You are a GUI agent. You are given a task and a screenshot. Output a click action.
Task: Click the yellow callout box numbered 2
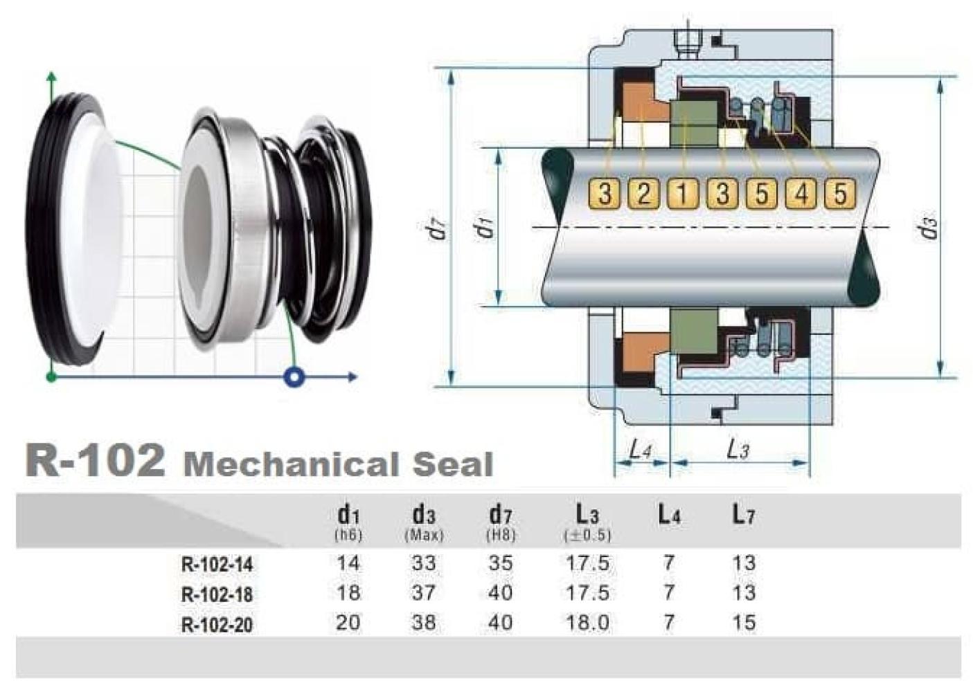(x=644, y=193)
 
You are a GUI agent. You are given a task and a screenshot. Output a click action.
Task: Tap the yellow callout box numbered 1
(x=684, y=193)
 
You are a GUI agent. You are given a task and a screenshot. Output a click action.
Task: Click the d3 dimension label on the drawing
(x=929, y=229)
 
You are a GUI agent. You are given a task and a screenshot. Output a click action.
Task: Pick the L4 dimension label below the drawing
(x=641, y=450)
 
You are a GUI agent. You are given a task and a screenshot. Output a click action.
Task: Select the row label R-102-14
(x=217, y=565)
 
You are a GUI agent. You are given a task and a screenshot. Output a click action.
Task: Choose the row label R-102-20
(x=217, y=625)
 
